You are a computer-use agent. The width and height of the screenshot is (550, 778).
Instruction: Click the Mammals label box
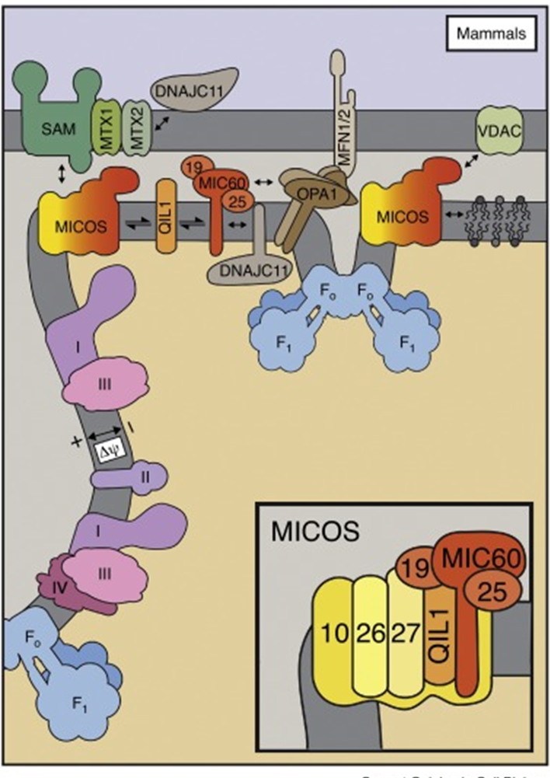click(491, 34)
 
